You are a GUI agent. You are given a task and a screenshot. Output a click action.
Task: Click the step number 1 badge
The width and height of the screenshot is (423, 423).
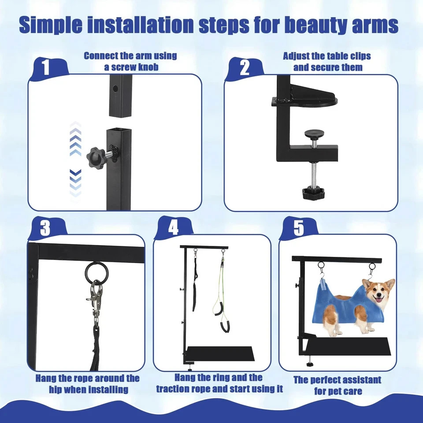click(46, 67)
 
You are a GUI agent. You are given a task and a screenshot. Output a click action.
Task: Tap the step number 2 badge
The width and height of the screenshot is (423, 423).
click(245, 68)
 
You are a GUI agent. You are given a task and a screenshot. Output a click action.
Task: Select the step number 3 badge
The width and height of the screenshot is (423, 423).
click(45, 228)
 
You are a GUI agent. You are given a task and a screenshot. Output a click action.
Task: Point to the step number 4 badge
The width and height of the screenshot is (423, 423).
click(173, 228)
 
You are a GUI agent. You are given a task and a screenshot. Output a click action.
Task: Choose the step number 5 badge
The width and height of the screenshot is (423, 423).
click(299, 228)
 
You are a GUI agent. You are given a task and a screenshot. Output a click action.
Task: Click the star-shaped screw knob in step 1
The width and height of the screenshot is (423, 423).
click(96, 157)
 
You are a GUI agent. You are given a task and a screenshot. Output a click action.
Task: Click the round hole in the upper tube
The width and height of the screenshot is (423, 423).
click(115, 88)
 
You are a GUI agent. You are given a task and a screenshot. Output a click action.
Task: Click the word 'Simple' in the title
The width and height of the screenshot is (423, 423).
click(51, 25)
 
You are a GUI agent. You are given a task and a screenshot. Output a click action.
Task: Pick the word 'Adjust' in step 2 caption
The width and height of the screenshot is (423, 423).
click(296, 56)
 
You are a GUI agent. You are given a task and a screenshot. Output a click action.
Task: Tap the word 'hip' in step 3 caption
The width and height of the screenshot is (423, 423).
click(56, 390)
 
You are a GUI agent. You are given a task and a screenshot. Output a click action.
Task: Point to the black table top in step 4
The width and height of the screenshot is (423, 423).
click(220, 354)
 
